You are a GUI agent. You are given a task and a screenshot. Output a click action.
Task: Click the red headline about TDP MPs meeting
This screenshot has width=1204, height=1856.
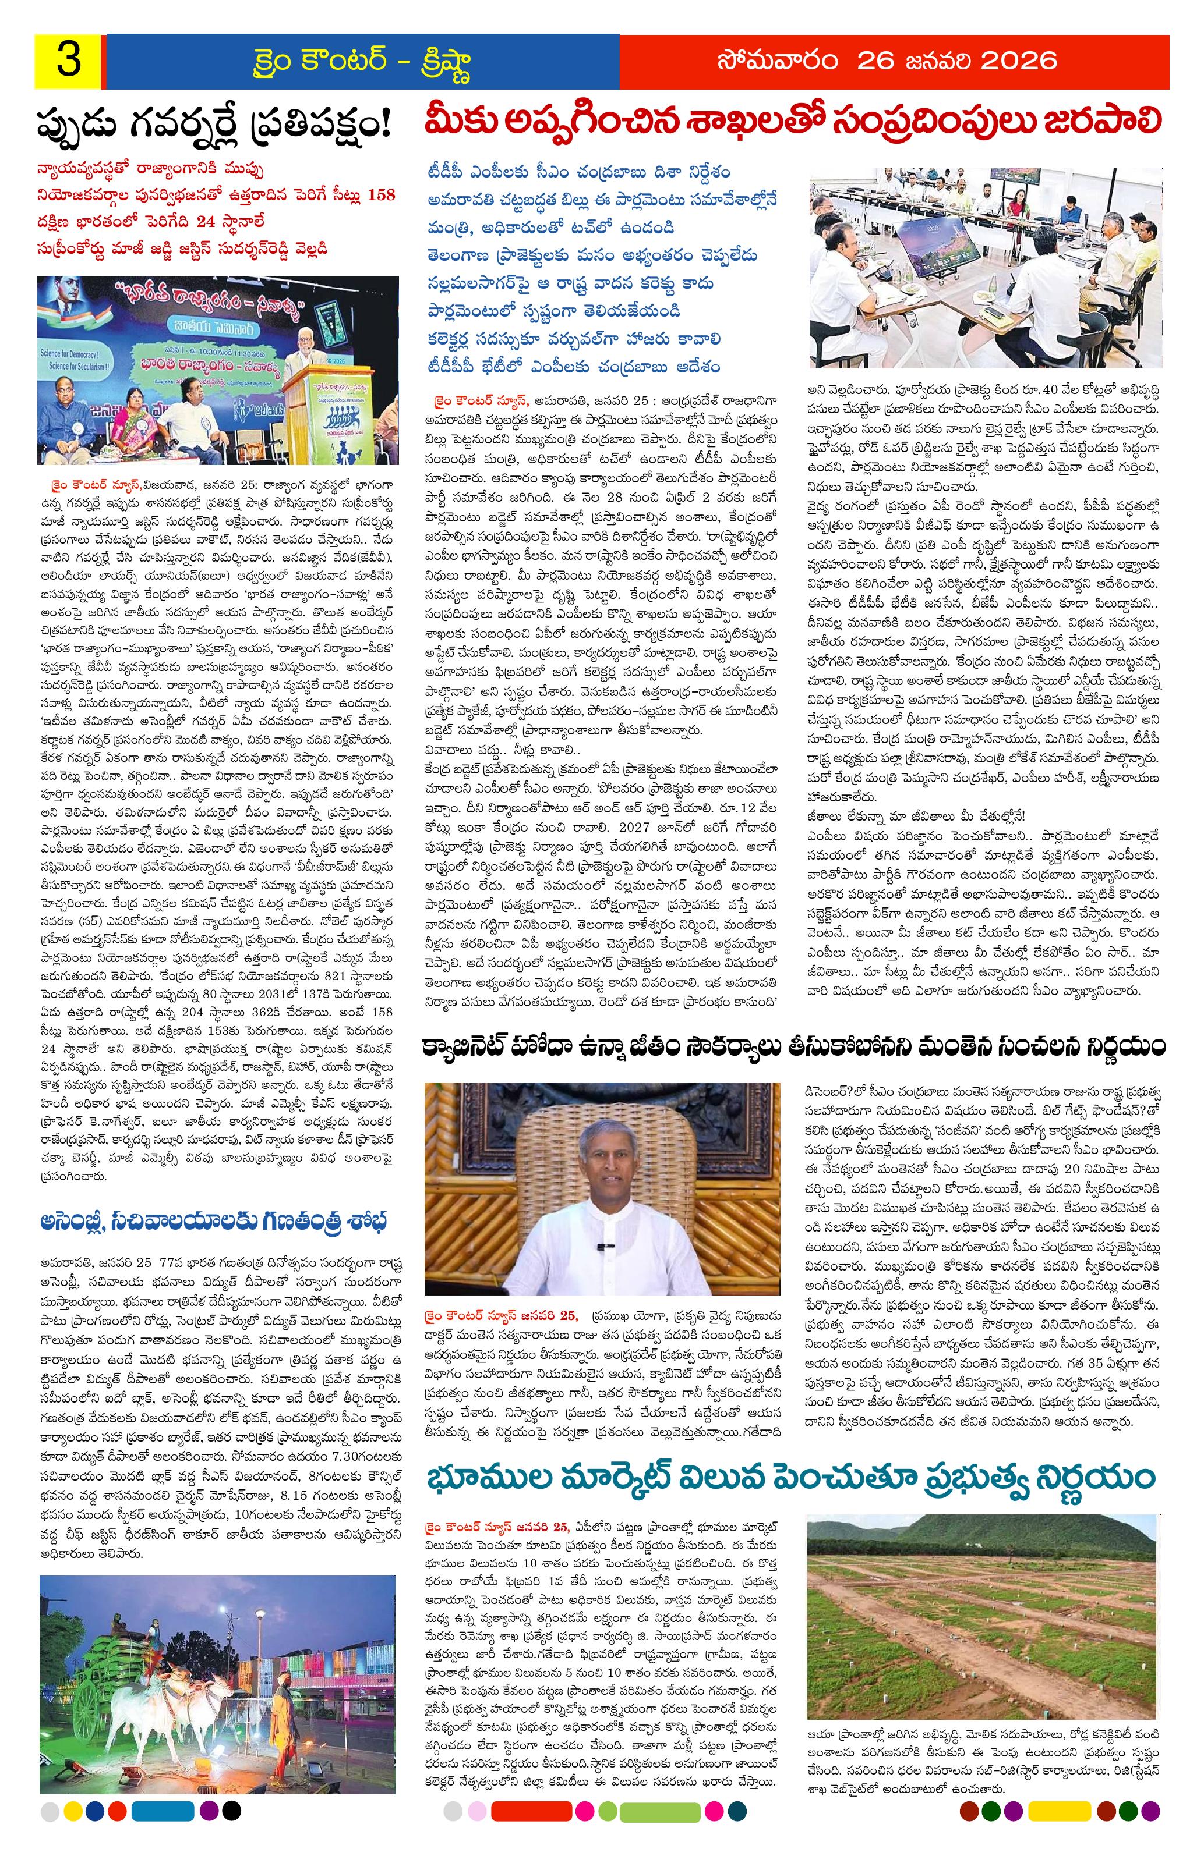[x=792, y=122]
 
